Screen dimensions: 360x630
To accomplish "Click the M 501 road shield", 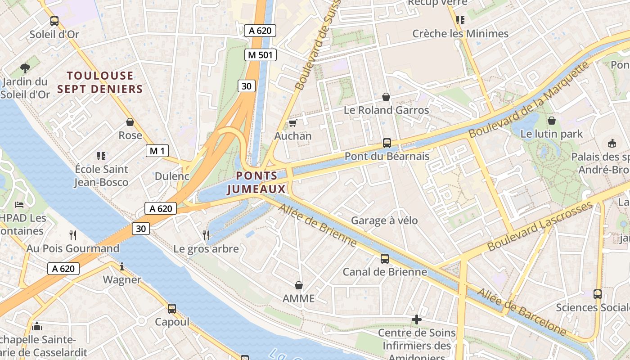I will tap(260, 55).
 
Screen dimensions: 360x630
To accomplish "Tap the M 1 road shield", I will tap(157, 151).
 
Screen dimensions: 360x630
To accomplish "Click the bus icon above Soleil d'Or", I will tap(54, 21).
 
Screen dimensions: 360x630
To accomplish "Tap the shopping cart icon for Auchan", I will tap(293, 123).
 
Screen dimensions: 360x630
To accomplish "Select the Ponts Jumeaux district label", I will tap(256, 182).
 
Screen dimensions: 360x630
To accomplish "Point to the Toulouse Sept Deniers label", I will tap(100, 82).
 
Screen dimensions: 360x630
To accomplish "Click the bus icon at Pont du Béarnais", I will tap(387, 143).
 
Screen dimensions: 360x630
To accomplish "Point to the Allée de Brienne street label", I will tap(318, 225).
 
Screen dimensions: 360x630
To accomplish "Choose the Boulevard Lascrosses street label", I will tap(540, 226).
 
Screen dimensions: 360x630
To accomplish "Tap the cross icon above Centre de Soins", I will tap(417, 319).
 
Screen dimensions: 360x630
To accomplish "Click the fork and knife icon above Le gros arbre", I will tap(206, 235).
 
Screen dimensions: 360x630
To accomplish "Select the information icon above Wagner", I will tap(122, 266).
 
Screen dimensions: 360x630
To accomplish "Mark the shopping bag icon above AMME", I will tap(298, 285).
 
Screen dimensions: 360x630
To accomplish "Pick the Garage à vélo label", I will tap(384, 220).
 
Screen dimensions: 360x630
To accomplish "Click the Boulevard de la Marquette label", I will tap(529, 99).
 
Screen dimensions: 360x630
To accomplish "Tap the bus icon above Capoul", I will tap(172, 309).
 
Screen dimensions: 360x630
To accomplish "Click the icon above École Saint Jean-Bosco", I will tap(101, 156).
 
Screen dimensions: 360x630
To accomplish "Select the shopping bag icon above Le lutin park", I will tap(552, 121).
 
